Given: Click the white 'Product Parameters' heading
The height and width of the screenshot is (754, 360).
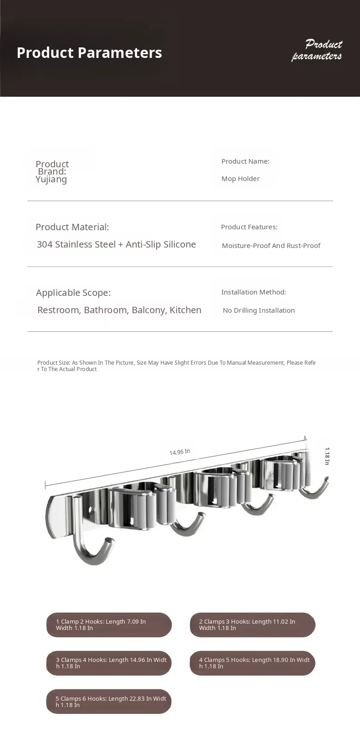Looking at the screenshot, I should click(x=89, y=53).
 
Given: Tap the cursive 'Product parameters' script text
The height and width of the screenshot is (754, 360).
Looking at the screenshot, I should click(x=317, y=50).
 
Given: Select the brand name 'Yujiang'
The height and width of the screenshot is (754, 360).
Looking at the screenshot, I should click(x=51, y=179).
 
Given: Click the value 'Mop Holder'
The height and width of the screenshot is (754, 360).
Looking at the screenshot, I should click(x=240, y=179).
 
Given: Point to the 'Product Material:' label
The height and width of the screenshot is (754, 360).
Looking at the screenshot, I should click(x=72, y=227).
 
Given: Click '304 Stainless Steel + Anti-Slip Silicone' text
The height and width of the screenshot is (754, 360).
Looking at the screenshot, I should click(x=116, y=244).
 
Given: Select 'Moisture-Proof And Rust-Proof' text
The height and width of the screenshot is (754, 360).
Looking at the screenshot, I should click(x=271, y=246).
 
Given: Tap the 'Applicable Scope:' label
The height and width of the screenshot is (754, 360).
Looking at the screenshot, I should click(x=73, y=293).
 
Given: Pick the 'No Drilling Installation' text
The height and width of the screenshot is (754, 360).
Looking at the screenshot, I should click(x=258, y=310).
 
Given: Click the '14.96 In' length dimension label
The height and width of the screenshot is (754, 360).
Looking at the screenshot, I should click(x=180, y=452).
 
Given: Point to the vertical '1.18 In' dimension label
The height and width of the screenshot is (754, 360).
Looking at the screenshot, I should click(x=327, y=456).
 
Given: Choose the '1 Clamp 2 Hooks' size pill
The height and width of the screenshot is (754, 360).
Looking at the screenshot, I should click(x=109, y=625).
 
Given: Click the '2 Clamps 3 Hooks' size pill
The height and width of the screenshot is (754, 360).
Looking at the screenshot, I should click(x=252, y=625).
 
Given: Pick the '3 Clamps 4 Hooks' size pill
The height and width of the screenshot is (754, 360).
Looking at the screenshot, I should click(x=109, y=663).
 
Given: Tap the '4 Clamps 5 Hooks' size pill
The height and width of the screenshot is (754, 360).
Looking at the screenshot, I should click(x=252, y=663).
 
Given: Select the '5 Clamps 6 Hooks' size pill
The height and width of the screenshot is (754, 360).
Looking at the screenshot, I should click(x=109, y=702).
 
